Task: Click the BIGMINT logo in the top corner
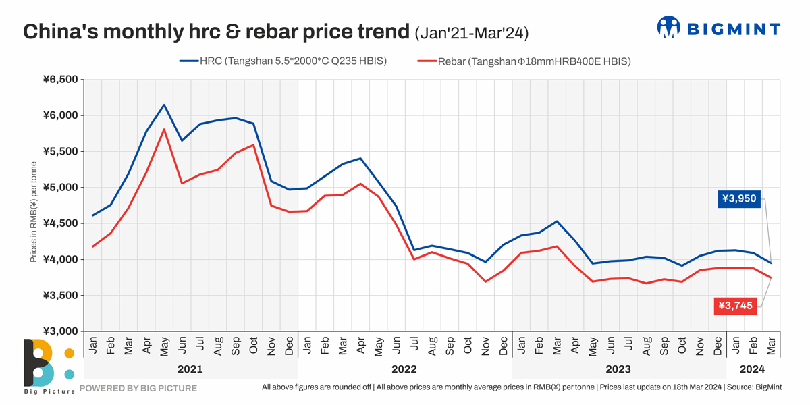coord(718,28)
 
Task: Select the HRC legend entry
coord(283,61)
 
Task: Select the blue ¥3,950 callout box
coord(739,198)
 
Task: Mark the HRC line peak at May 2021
coord(164,105)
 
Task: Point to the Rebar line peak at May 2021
coord(164,130)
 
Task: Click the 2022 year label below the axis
coord(404,369)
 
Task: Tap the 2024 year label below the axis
coord(753,369)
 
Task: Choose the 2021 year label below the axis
coord(190,369)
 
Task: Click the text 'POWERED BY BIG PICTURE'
coord(138,388)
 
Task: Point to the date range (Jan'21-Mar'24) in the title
coord(471,32)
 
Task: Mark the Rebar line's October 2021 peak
coord(253,145)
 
